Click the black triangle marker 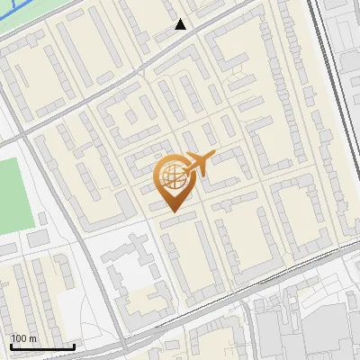point(181,24)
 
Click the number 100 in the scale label point(19,338)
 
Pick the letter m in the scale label point(32,338)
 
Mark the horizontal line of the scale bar point(42,347)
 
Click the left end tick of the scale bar point(11,346)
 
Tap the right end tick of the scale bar point(74,346)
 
